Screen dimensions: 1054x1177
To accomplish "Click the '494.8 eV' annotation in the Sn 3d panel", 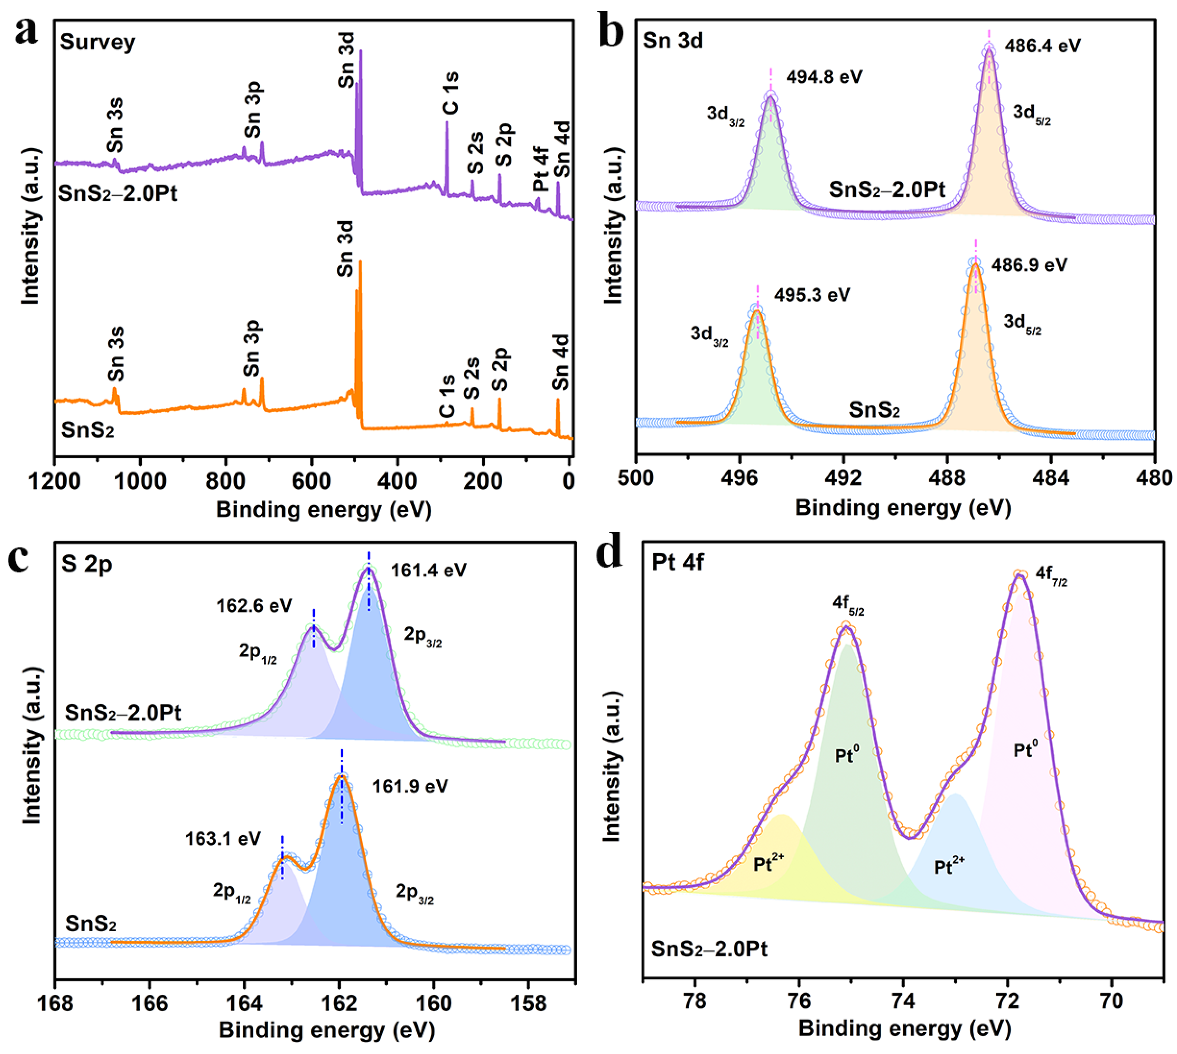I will tap(824, 76).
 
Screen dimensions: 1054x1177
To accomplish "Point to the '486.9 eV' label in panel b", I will tap(1029, 265).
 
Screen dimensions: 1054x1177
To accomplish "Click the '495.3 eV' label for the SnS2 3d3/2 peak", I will tap(812, 295).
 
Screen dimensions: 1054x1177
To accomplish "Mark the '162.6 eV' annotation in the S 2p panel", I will tap(254, 606).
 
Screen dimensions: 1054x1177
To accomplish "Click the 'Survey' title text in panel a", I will tap(97, 42).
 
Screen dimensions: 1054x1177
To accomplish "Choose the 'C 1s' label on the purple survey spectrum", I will tap(451, 93).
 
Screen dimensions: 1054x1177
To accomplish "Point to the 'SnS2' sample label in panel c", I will tap(90, 924).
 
